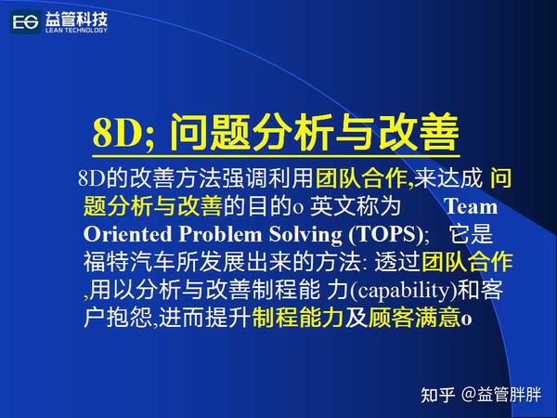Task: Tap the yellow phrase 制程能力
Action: pos(287,317)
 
